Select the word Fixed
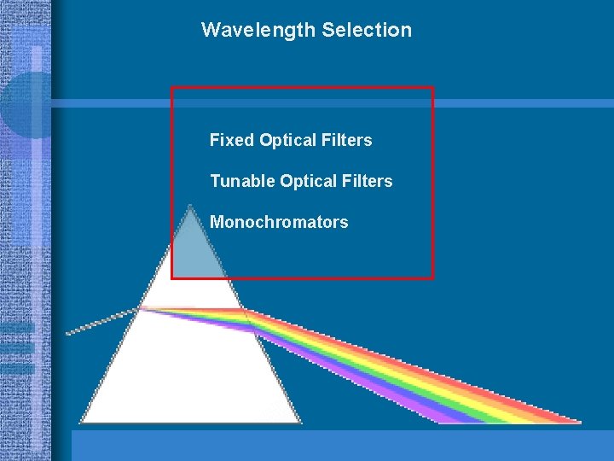pyautogui.click(x=231, y=140)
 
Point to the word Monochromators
pyautogui.click(x=279, y=222)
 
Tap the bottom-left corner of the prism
pyautogui.click(x=81, y=421)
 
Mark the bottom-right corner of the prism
pyautogui.click(x=301, y=421)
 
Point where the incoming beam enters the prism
pyautogui.click(x=140, y=309)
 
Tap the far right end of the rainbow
pyautogui.click(x=578, y=420)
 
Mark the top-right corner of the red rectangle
pyautogui.click(x=433, y=88)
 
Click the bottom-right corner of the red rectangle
pyautogui.click(x=433, y=277)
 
